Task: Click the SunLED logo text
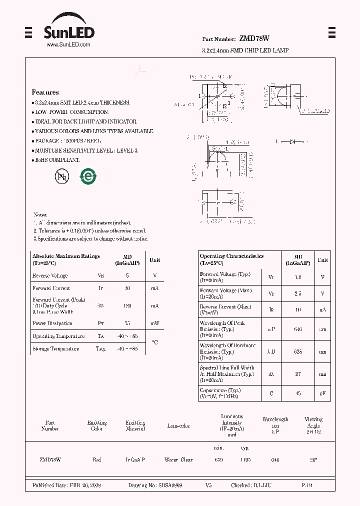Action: [x=68, y=32]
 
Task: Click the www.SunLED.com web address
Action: [x=68, y=45]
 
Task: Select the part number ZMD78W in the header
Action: [x=254, y=38]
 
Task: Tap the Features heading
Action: [x=45, y=92]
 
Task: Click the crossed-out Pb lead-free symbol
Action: [x=61, y=176]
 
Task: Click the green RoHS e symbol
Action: [x=88, y=176]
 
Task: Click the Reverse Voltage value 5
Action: [x=127, y=276]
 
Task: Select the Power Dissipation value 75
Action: [x=127, y=323]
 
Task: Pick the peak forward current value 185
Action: [x=127, y=305]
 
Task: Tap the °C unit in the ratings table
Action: [x=154, y=342]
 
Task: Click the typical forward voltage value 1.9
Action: [x=297, y=277]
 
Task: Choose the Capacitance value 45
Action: [x=297, y=393]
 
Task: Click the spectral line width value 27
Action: [x=297, y=374]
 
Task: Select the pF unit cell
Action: [x=323, y=393]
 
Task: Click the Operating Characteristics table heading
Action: [x=231, y=256]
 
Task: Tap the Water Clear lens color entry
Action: [x=178, y=459]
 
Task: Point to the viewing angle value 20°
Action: [x=313, y=459]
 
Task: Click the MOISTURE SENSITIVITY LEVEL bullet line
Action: [x=86, y=150]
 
